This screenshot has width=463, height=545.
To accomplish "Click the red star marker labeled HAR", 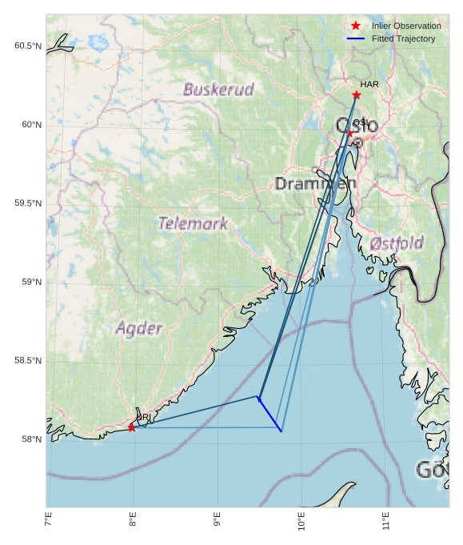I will pos(356,95).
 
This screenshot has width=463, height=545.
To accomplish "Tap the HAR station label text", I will pos(369,84).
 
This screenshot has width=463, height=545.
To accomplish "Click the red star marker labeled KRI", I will pos(132,428).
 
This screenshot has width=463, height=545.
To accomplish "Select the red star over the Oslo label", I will pos(349,133).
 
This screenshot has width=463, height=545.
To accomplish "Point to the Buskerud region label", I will pos(218,90).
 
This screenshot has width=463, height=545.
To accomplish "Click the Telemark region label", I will pos(193,223).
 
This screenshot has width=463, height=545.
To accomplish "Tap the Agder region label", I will pos(139,328).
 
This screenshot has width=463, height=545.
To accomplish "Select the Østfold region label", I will pos(397,242).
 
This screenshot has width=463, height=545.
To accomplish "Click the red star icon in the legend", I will pos(356,26).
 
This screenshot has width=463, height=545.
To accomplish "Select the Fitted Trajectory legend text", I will pos(403,38).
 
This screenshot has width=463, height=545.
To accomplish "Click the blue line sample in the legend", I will pos(356,38).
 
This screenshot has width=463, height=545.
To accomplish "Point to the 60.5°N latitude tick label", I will pos(27,46).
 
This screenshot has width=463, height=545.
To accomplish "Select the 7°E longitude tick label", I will pos(49,521).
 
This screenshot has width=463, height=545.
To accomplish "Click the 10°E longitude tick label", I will pos(301,521).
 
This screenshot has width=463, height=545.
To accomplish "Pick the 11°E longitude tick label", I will pos(386,521).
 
